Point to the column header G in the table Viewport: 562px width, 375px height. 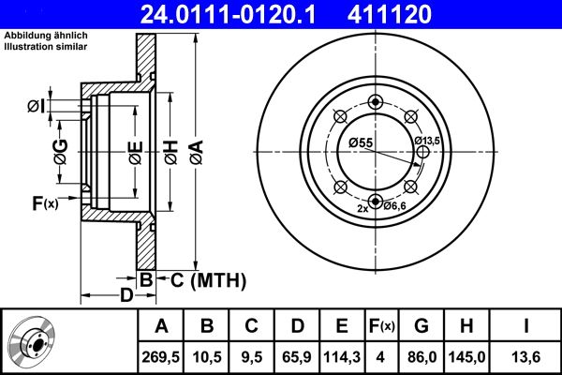(x=421, y=326)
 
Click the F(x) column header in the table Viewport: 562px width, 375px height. (x=382, y=326)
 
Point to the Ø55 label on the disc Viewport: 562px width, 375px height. (x=361, y=142)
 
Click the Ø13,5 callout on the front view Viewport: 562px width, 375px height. (x=427, y=141)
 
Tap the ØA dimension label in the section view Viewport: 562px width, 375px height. (x=195, y=150)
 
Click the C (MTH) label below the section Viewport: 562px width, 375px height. (x=207, y=278)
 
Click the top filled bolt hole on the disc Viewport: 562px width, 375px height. (x=376, y=103)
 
